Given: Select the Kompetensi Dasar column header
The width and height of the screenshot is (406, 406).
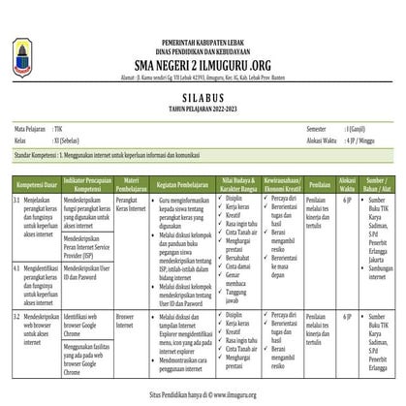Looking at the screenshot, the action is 38,182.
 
